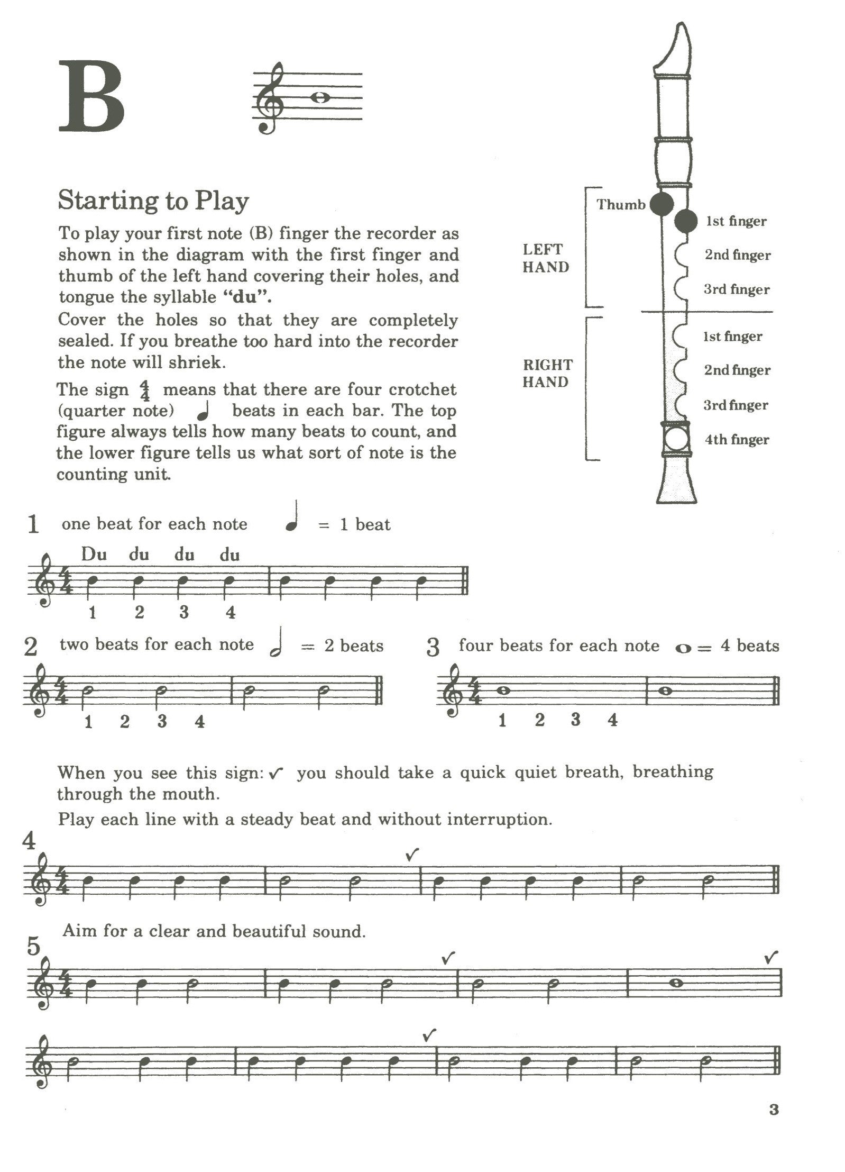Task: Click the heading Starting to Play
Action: click(x=153, y=201)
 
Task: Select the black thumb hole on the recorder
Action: click(x=661, y=204)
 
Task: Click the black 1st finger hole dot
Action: click(x=686, y=221)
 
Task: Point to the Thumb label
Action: click(x=621, y=204)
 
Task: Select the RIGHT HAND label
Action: click(x=547, y=373)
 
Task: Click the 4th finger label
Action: click(x=736, y=440)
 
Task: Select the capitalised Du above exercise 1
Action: click(x=94, y=555)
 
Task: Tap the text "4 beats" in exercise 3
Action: click(x=750, y=646)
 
